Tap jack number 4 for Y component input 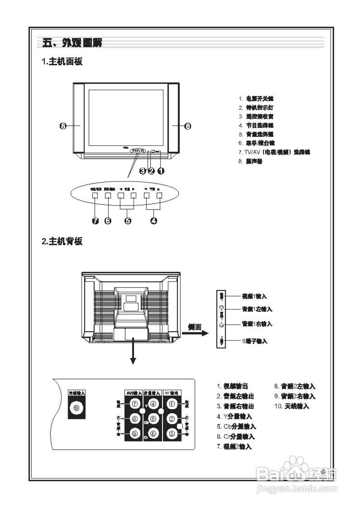click(153, 404)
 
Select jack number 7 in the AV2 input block click(134, 404)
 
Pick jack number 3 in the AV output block click(172, 433)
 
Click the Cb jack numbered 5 click(153, 419)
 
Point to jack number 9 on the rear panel click(134, 433)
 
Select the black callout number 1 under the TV click(161, 171)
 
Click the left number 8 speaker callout click(63, 126)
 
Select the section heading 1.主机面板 click(62, 62)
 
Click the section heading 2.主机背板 click(62, 241)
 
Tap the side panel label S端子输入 click(255, 341)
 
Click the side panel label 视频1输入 click(254, 297)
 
